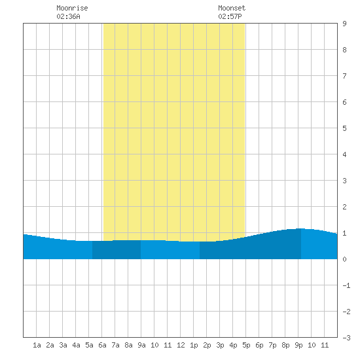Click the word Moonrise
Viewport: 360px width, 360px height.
[x=72, y=8]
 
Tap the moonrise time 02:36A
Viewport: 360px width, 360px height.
[x=68, y=16]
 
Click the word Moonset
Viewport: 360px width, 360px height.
[x=232, y=8]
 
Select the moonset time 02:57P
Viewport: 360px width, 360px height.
[x=230, y=16]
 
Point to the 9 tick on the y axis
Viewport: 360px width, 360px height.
[x=344, y=24]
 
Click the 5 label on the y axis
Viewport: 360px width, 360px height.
[x=344, y=128]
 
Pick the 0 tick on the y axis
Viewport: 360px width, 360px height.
[x=344, y=259]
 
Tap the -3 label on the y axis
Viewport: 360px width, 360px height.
[x=346, y=338]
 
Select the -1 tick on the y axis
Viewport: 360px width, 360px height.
[x=346, y=285]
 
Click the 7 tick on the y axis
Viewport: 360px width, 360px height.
[x=344, y=76]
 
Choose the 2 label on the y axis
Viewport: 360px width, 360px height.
[x=344, y=207]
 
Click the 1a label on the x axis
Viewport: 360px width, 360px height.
[x=37, y=345]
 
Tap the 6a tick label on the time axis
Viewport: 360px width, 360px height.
[x=102, y=345]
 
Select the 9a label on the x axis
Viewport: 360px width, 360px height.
[x=141, y=345]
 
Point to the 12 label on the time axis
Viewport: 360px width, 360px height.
[x=181, y=345]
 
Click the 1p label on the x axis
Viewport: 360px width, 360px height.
[x=194, y=345]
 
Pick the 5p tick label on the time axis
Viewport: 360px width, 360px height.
[x=246, y=345]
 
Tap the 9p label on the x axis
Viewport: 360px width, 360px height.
[x=298, y=345]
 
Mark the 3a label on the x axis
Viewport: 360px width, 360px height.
[x=63, y=345]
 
